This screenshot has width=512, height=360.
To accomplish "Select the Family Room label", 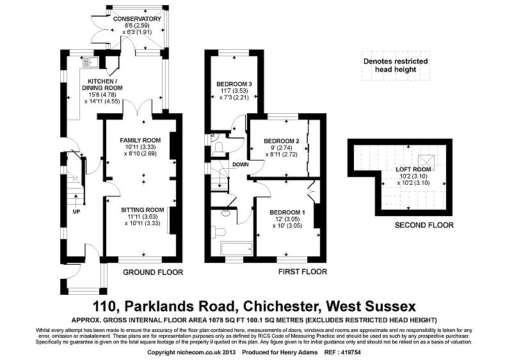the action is [140, 140].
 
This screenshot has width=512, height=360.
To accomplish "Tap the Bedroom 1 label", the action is [287, 212].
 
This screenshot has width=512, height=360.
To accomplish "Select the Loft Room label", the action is [412, 169].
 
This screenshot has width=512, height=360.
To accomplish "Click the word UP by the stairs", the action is [77, 212].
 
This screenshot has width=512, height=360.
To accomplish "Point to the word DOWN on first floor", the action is [241, 164].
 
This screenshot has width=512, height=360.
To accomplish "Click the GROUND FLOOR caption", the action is [153, 272].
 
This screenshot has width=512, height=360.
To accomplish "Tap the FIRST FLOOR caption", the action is [303, 272].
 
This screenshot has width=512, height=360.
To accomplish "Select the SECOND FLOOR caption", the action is [424, 225].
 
